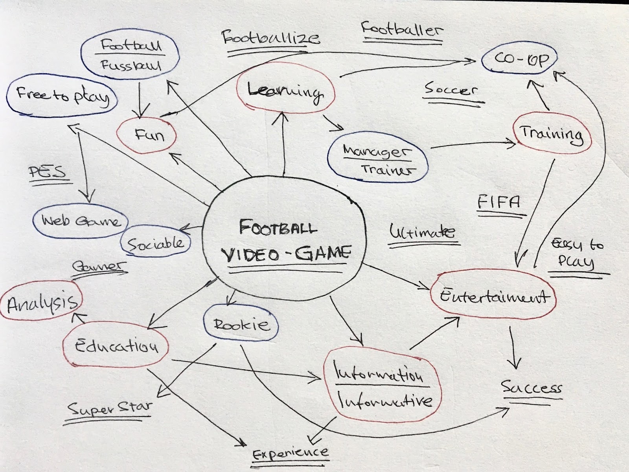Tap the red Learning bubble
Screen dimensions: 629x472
click(x=285, y=92)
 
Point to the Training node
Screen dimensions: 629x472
click(x=552, y=133)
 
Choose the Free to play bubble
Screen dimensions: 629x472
click(x=62, y=96)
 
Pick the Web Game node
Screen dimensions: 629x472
click(x=81, y=221)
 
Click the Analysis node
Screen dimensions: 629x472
click(x=42, y=302)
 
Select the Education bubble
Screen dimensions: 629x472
click(x=116, y=346)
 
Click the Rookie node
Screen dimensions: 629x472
click(x=241, y=324)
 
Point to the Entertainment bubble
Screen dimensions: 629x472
click(x=494, y=295)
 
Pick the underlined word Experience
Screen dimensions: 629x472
click(x=290, y=453)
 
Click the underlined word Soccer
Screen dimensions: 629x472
click(x=451, y=90)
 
